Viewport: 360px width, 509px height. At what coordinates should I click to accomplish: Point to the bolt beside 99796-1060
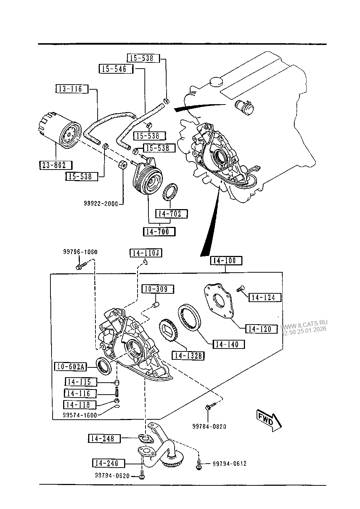click(x=80, y=266)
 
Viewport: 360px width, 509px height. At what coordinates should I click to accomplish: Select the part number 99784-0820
click(x=209, y=426)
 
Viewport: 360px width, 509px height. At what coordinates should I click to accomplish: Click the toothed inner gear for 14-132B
click(x=168, y=330)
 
